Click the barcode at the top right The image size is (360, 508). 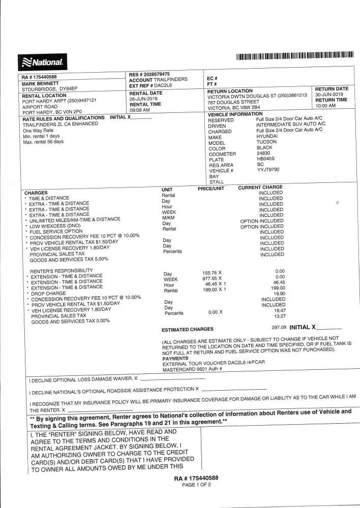point(295,55)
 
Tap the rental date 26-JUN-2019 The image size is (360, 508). point(146,99)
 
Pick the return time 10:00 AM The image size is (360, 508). point(325,106)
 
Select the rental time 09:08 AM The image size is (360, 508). point(140,110)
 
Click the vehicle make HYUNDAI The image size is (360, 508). point(267,136)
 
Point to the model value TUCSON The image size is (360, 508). point(266,142)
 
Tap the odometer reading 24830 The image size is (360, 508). point(263,153)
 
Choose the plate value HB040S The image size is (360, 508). point(265,158)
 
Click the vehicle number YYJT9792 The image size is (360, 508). point(268,170)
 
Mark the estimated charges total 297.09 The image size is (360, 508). point(279,327)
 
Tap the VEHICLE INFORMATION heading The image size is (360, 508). point(235,114)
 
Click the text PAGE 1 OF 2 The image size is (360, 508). point(196,485)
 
